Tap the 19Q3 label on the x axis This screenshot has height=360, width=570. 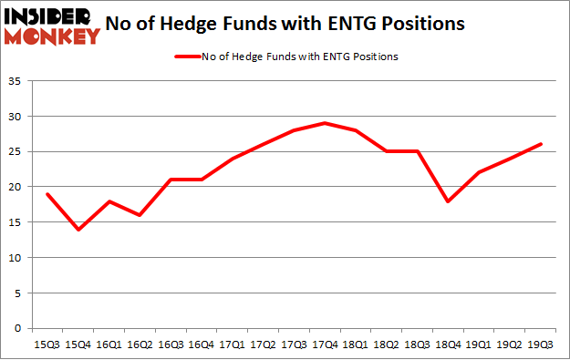click(542, 345)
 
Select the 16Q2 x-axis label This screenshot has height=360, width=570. click(140, 345)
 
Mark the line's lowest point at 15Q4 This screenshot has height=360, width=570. click(78, 230)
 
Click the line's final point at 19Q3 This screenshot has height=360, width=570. click(542, 144)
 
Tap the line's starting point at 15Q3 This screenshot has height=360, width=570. click(47, 194)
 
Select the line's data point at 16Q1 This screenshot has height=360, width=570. click(109, 201)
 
